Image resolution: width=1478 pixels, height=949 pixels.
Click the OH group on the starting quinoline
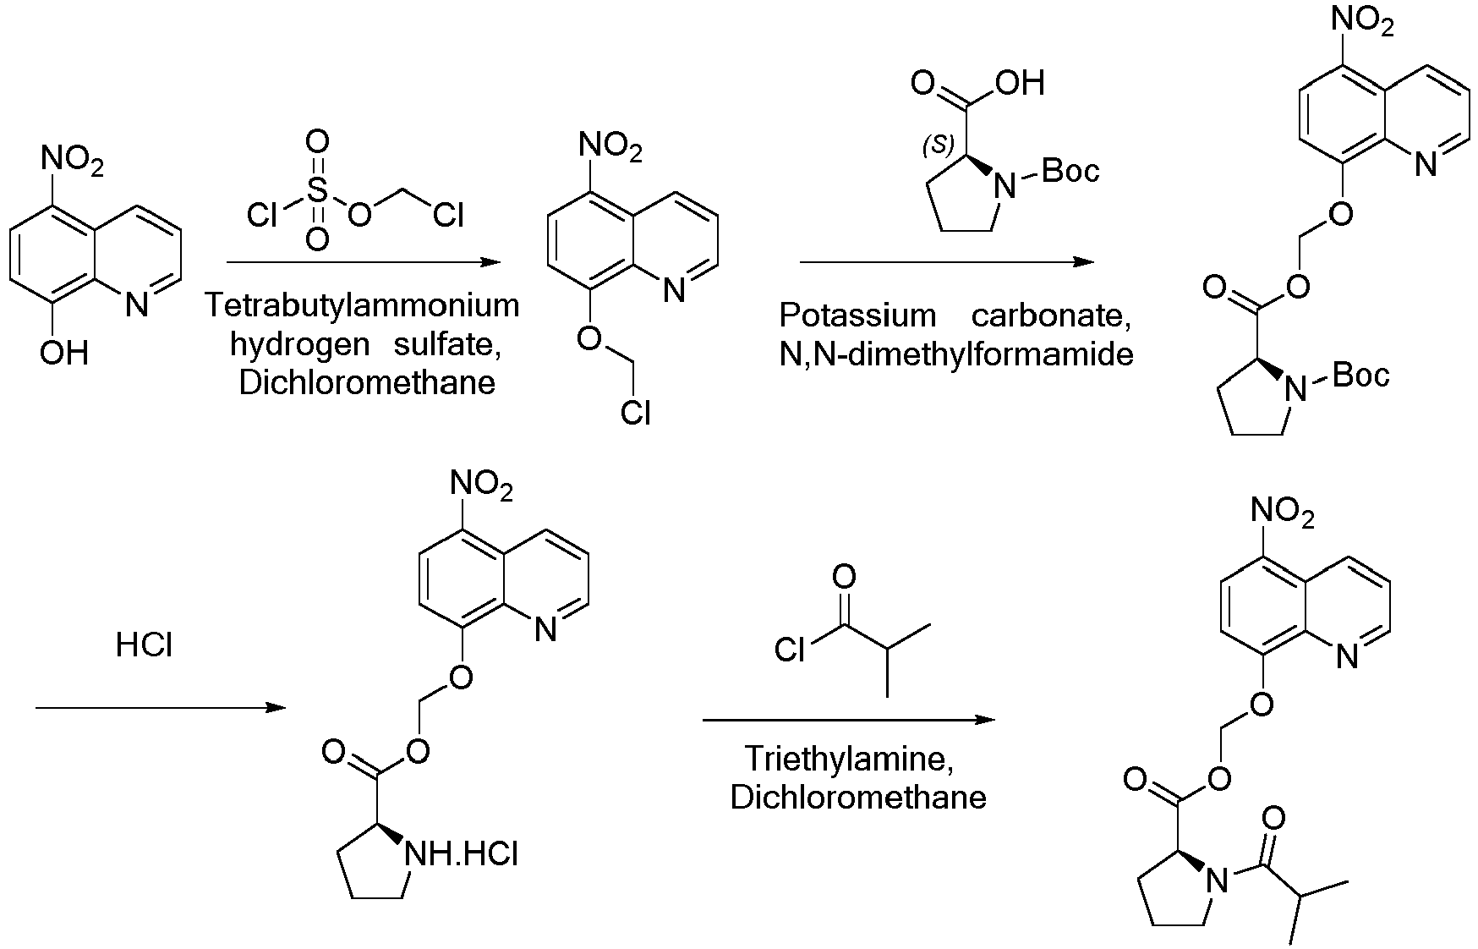coord(64,352)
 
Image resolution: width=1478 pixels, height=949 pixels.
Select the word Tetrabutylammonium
coord(363,304)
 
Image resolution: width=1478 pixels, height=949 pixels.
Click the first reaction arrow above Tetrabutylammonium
coord(364,262)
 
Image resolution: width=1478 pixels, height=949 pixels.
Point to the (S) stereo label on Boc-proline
coord(938,145)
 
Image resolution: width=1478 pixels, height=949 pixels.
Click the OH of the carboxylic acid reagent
coord(1021,83)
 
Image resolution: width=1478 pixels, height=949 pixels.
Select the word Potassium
coord(857,315)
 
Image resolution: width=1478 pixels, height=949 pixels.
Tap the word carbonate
coord(1051,315)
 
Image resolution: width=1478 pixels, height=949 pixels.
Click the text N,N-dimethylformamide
coord(956,354)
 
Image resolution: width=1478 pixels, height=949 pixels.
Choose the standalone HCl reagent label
coord(144,646)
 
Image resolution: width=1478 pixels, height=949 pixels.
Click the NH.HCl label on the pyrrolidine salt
coord(462,854)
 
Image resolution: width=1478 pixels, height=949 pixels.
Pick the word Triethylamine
coord(849,759)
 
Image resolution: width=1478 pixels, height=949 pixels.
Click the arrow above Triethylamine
coord(849,721)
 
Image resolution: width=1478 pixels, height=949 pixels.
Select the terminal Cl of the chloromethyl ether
coord(635,413)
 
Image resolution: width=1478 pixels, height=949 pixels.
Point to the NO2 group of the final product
coord(1282,513)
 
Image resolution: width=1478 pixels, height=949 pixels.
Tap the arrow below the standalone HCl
coord(161,707)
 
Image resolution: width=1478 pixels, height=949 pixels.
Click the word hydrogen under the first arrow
coord(299,345)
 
